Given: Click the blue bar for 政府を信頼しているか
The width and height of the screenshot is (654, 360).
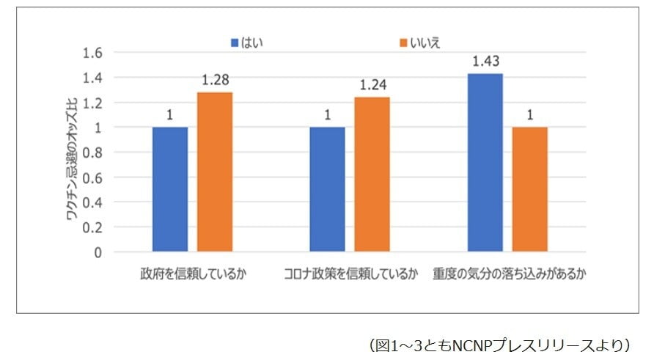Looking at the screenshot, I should [170, 189].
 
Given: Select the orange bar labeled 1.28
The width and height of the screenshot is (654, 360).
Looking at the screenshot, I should [215, 172].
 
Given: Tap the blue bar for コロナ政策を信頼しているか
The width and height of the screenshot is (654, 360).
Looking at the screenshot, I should [327, 189].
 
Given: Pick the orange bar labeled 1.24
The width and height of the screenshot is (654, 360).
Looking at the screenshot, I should [372, 175].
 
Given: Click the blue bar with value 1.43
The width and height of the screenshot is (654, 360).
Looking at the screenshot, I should [485, 163].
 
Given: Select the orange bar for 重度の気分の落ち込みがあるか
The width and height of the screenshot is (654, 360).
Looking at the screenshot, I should [529, 189].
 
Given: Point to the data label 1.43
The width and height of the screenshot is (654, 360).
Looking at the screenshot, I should [485, 62].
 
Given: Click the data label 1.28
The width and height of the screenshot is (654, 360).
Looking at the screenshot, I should [215, 80].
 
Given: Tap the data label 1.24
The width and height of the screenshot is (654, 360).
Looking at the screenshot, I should [372, 85].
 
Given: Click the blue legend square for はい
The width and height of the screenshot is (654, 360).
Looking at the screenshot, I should [234, 42].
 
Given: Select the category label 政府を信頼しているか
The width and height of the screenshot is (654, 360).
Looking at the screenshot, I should [191, 276].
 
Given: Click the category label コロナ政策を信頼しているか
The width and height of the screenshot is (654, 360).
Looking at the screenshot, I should [350, 276].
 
